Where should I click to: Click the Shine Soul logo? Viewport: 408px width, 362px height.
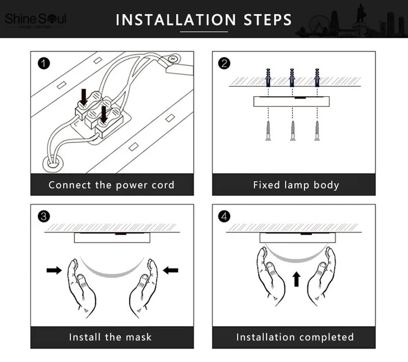click(35, 20)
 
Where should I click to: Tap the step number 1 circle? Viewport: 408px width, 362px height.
click(44, 63)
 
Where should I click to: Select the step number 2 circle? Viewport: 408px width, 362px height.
click(224, 63)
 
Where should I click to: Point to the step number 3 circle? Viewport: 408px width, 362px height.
click(44, 216)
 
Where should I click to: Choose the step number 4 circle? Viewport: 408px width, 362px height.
click(224, 216)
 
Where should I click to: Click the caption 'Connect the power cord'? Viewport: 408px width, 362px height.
click(112, 185)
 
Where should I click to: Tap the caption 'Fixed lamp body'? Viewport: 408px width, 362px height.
click(296, 185)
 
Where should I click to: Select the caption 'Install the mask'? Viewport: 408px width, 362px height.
click(111, 337)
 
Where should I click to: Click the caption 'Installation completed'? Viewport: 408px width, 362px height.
click(295, 337)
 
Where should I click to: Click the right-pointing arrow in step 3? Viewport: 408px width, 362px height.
click(54, 270)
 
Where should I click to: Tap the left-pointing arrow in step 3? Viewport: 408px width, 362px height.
click(171, 270)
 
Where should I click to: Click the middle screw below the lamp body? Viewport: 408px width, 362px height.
click(293, 131)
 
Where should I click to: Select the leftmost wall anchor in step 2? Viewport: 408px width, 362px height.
click(268, 78)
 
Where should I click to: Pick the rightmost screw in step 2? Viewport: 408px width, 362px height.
click(317, 131)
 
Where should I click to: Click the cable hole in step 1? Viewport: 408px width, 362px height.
click(52, 164)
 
